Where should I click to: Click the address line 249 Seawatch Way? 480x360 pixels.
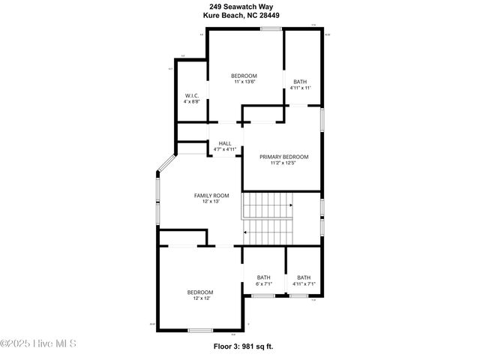pos(240,6)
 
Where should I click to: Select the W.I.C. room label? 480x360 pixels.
pos(191,95)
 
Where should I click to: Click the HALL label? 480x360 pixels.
pos(225,142)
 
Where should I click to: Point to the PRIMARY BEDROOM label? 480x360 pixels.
pos(284,157)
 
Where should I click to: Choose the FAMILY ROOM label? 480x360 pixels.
pos(211,195)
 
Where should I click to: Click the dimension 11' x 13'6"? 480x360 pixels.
pos(244,82)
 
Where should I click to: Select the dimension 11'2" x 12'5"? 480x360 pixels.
pos(284,163)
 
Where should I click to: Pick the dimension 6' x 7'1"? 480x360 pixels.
pos(264,283)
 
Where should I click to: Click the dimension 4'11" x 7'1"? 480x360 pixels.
pos(304,283)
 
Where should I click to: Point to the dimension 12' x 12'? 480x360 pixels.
pos(200,298)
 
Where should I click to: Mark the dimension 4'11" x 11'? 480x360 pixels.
pos(300,88)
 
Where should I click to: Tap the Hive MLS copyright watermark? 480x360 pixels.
pos(38,343)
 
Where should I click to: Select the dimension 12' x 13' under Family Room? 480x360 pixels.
pos(211,201)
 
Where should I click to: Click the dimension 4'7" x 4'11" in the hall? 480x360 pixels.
pos(225,149)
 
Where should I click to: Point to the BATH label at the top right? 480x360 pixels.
pos(300,82)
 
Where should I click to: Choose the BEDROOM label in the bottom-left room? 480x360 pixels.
pos(200,292)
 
